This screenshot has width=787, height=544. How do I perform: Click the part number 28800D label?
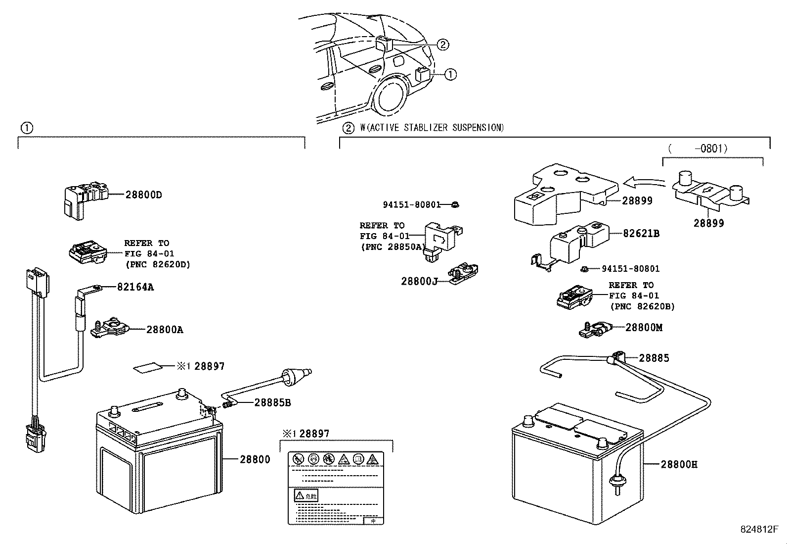143,195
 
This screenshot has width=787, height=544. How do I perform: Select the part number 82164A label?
135,287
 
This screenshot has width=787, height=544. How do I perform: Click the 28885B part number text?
272,403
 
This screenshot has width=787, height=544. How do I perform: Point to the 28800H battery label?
679,465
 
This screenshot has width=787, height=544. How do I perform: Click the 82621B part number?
641,233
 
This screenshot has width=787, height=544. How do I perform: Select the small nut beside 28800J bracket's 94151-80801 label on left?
455,204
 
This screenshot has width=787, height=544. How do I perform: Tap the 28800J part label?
419,282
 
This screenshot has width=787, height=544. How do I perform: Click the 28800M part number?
644,328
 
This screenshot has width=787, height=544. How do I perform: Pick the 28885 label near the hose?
654,358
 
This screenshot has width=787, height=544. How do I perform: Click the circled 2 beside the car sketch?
442,45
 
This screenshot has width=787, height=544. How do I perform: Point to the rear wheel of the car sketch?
391,97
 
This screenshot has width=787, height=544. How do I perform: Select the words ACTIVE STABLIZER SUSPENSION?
436,128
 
